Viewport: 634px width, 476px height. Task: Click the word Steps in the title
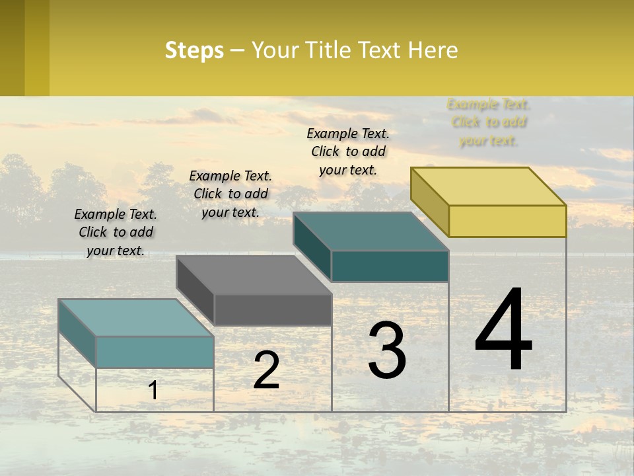194,50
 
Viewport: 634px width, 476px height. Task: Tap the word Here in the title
433,50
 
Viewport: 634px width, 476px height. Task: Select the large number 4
503,330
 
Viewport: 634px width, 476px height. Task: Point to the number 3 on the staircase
387,351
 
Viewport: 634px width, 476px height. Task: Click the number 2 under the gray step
266,371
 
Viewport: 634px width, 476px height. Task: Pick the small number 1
153,391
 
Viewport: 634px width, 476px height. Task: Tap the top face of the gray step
254,274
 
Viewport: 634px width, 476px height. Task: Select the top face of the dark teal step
370,231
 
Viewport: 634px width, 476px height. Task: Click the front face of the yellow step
507,221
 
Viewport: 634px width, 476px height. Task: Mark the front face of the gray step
273,309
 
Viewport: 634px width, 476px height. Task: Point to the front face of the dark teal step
390,266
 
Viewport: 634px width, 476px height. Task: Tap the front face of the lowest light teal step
155,352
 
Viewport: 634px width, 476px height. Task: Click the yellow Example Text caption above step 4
489,122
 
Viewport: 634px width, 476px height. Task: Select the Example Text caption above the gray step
230,194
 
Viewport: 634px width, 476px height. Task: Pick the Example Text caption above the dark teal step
348,151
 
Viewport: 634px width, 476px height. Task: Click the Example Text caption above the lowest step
116,232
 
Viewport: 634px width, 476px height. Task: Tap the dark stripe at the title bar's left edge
12,48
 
